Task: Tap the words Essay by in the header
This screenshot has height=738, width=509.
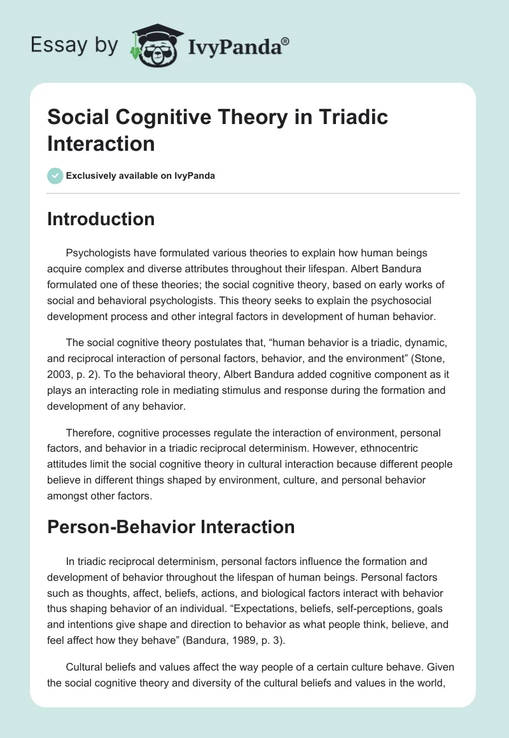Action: pos(74,46)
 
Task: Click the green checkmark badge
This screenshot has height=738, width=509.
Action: pos(55,176)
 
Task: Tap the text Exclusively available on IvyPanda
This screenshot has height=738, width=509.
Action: pos(141,176)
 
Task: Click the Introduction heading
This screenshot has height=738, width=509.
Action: pos(101,219)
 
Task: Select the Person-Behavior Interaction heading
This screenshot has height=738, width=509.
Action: pos(171,527)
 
